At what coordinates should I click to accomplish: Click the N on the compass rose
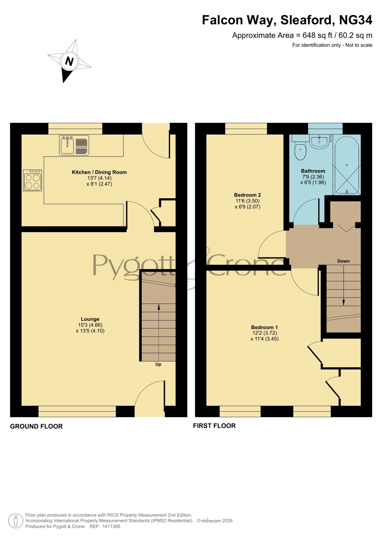click(69, 62)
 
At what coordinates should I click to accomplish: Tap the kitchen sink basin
click(67, 145)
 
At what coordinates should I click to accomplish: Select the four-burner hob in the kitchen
click(33, 180)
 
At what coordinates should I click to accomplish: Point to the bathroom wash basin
click(320, 142)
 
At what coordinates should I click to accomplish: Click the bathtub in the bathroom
click(347, 165)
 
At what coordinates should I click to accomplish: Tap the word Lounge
click(90, 319)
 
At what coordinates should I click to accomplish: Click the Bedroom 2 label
click(247, 195)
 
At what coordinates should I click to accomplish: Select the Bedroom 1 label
click(264, 327)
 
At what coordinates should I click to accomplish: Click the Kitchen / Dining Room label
click(99, 172)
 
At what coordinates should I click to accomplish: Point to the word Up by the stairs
click(158, 364)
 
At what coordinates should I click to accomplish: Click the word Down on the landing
click(344, 261)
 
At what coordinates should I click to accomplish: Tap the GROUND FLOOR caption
click(36, 426)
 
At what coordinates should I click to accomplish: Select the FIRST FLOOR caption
click(214, 426)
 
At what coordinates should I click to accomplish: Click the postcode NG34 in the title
click(356, 20)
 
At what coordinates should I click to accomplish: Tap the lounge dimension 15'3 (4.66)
click(90, 325)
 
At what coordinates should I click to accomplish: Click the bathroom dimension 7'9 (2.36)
click(313, 177)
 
